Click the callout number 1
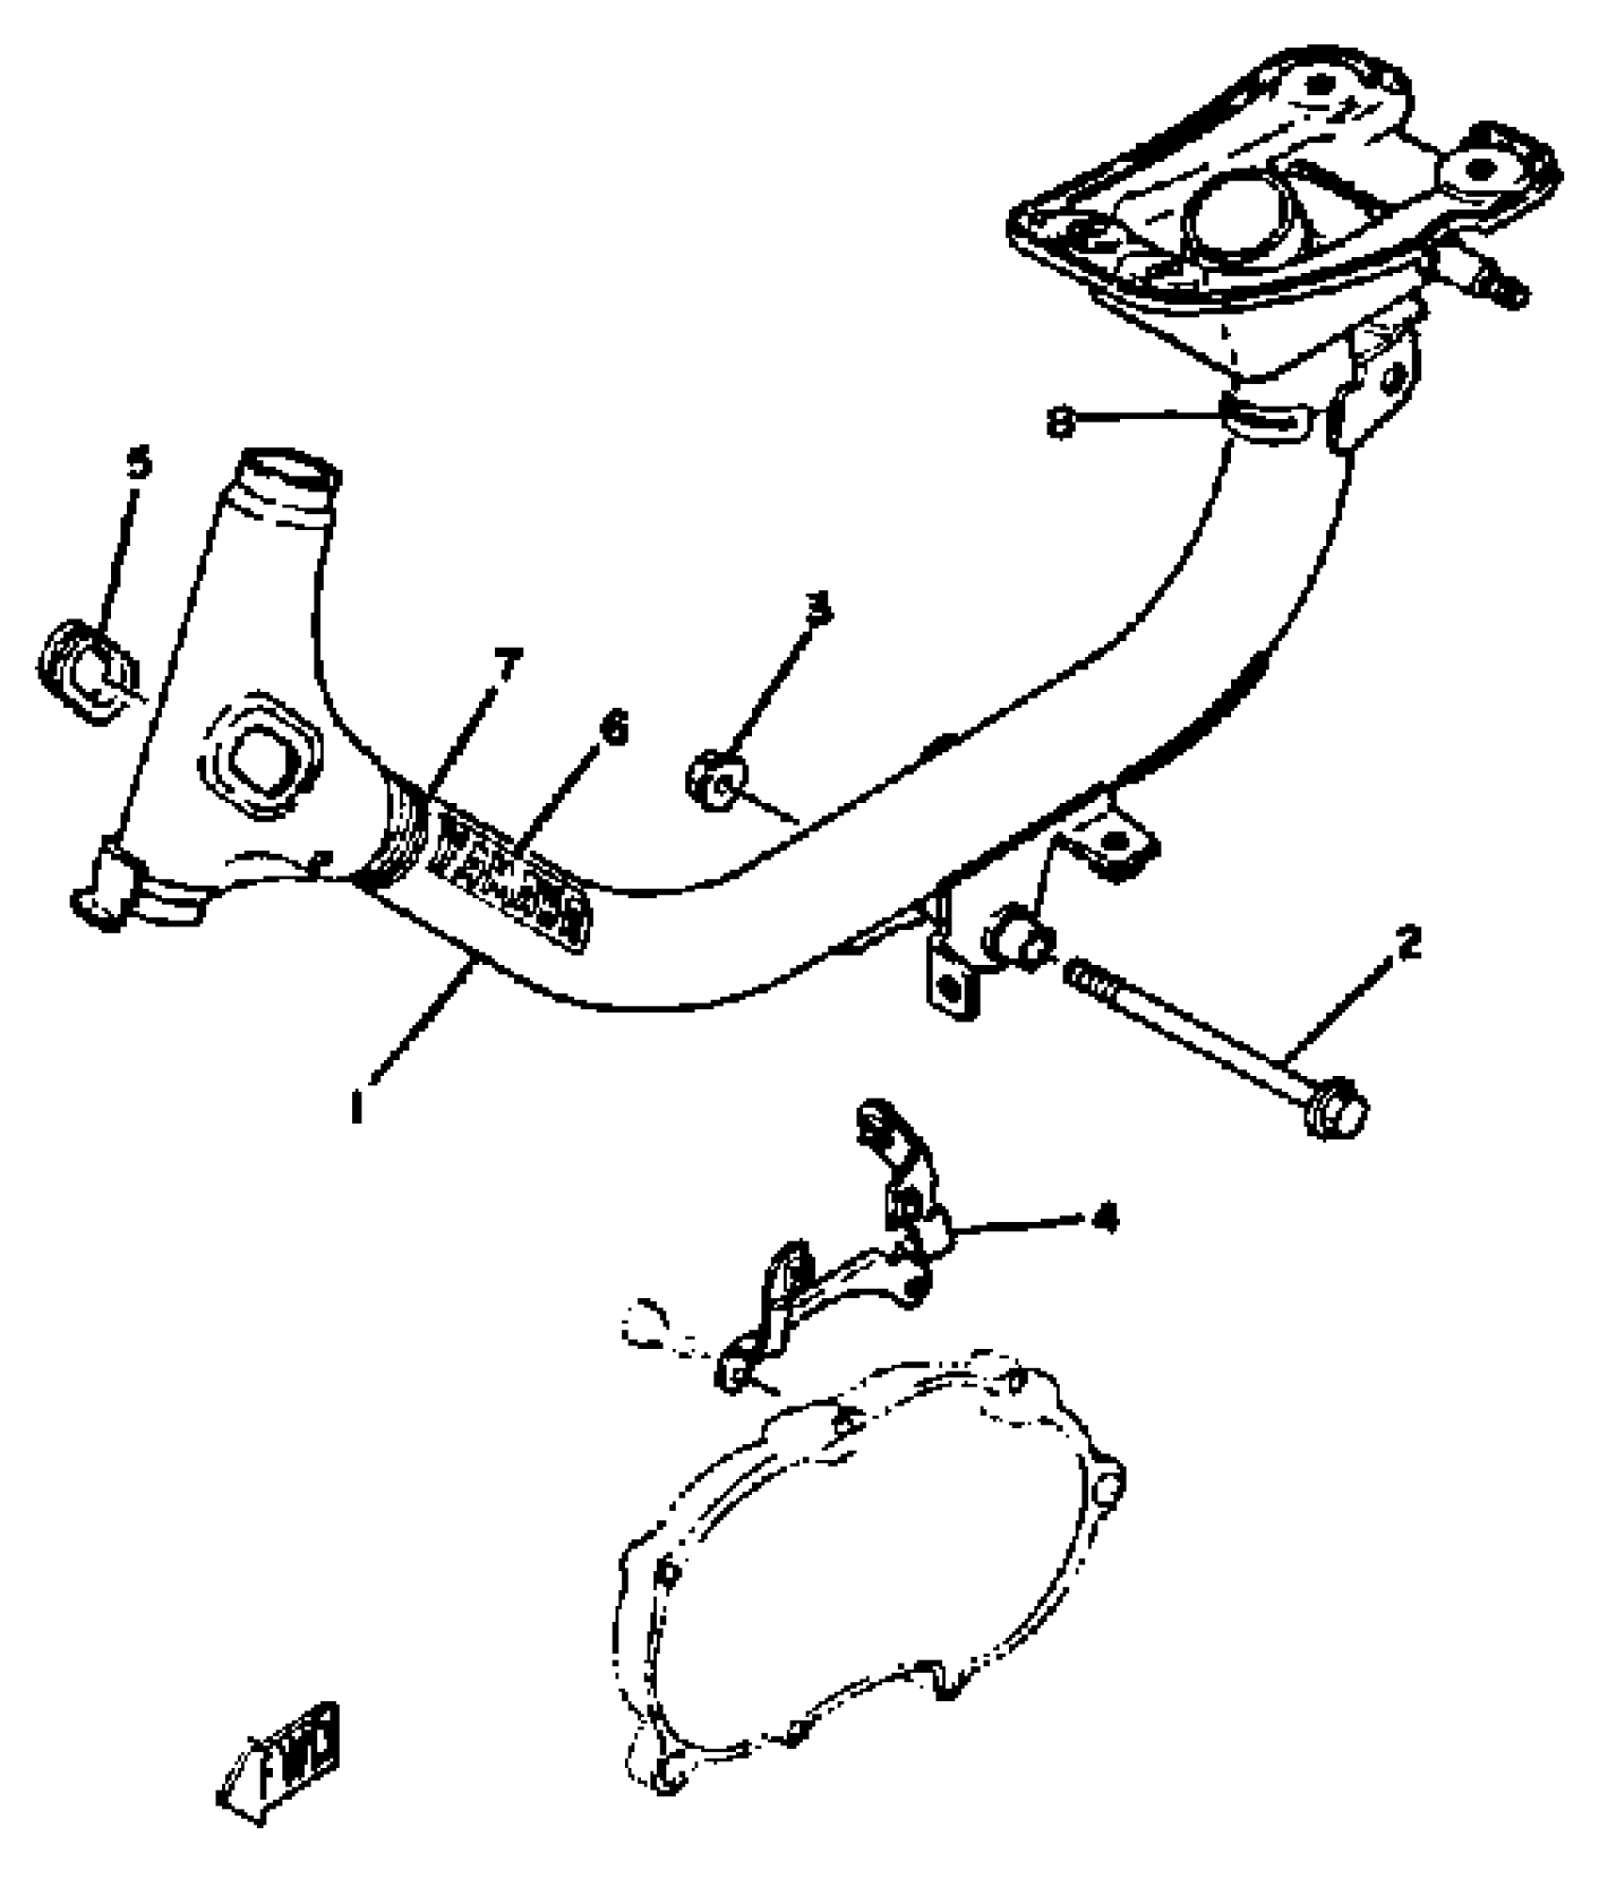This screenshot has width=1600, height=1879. coord(357,1107)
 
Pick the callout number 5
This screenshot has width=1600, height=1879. coord(138,463)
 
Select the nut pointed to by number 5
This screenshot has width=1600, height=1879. coord(89,670)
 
